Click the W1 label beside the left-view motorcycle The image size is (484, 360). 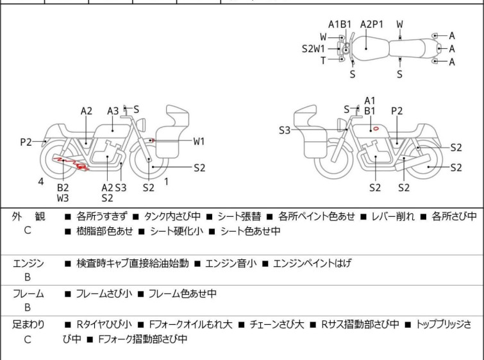199,141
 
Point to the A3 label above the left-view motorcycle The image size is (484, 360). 113,111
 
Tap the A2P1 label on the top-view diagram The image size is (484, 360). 371,24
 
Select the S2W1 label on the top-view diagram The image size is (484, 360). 313,48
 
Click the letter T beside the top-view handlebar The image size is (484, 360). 323,60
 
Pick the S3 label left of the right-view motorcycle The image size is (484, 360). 285,130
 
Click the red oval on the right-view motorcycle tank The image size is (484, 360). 376,128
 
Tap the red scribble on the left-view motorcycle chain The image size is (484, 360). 71,163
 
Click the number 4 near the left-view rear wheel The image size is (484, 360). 41,182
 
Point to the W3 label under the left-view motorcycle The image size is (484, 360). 63,198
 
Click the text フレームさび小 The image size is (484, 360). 104,294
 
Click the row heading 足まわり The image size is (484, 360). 28,325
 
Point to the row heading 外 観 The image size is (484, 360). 28,217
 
